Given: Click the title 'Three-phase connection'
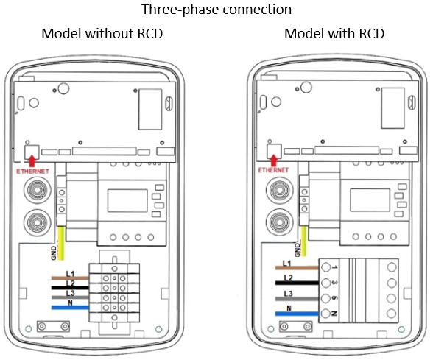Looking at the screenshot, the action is tap(216, 10).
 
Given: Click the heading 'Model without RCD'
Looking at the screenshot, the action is tap(102, 34).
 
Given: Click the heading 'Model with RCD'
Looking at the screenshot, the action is tap(334, 34).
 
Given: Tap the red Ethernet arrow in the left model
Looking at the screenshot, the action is tap(32, 161).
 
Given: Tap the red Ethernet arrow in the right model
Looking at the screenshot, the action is tap(274, 160).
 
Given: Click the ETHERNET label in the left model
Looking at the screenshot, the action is tap(32, 172).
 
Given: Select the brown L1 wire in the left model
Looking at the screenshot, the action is tap(70, 278).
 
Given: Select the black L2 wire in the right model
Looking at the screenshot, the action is tap(297, 283).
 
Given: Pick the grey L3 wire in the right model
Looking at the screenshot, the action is tap(297, 299).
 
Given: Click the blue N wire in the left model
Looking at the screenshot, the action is tap(70, 308).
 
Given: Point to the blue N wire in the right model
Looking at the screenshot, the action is tap(297, 314).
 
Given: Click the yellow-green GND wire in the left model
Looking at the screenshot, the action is tap(60, 243).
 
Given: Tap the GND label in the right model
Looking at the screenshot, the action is tap(298, 250).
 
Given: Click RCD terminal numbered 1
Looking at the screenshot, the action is tap(326, 267).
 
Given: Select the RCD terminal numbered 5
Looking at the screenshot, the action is tap(326, 298).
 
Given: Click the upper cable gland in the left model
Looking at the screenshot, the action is tap(38, 191).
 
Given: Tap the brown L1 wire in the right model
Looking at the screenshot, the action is tap(297, 267).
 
